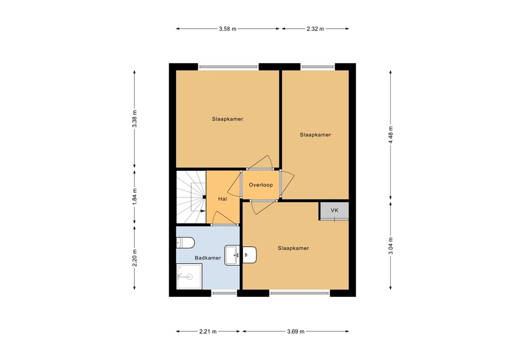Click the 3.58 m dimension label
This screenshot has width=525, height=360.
tap(228, 29)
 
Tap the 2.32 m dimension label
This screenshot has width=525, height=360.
tap(315, 29)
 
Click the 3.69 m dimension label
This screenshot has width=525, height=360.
tap(295, 332)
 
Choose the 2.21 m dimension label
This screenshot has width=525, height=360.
tap(208, 332)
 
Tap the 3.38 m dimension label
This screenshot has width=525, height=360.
tap(134, 119)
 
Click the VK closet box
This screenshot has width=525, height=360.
tap(334, 211)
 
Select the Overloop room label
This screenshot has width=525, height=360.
tap(260, 185)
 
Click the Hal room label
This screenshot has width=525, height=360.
tap(223, 199)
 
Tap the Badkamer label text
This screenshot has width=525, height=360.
tap(208, 258)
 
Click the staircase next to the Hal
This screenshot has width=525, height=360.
tap(191, 197)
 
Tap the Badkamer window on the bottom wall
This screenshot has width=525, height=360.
tap(224, 293)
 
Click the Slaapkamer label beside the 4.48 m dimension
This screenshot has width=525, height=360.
tap(315, 135)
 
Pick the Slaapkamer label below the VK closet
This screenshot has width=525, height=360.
tap(293, 248)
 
